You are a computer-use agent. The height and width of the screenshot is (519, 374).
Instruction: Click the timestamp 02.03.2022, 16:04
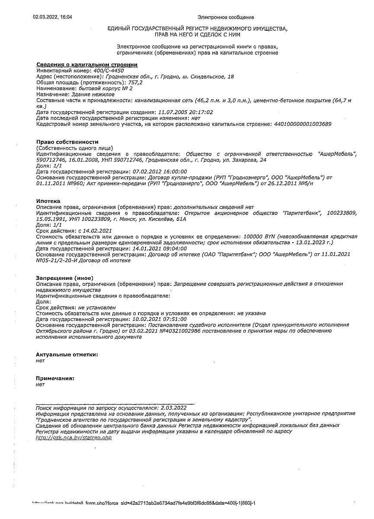(52, 17)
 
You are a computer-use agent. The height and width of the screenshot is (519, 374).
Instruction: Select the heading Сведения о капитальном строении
(86, 64)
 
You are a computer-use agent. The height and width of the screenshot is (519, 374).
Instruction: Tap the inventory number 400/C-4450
(108, 70)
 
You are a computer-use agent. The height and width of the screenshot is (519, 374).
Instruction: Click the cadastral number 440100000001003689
(303, 124)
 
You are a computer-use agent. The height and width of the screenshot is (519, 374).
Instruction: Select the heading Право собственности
(67, 142)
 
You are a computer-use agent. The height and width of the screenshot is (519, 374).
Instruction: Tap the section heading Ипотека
(48, 201)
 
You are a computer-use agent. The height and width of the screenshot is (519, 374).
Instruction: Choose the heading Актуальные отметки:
(67, 354)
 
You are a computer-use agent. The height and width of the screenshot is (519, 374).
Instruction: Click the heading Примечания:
(55, 378)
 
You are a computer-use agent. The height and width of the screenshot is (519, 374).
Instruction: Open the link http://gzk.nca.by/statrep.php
(74, 438)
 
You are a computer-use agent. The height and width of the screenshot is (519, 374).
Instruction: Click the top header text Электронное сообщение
(226, 17)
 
